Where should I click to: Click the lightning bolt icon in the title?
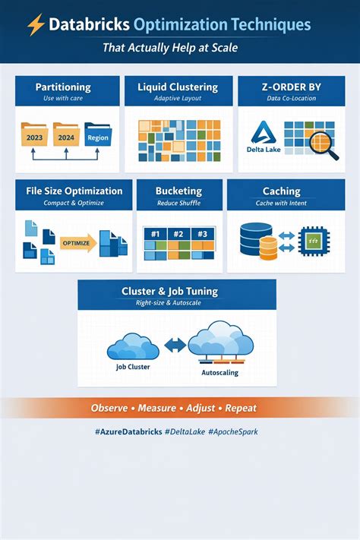click(x=36, y=24)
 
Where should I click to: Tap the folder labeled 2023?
click(x=34, y=134)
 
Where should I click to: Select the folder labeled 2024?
click(x=66, y=134)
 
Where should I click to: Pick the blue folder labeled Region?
click(x=98, y=134)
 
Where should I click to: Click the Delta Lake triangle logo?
click(x=264, y=133)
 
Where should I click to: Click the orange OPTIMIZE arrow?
click(x=78, y=243)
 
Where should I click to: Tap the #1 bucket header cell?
click(x=156, y=234)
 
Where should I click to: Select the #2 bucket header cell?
click(x=178, y=234)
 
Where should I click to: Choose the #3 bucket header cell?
click(x=203, y=234)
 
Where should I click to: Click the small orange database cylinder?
click(x=268, y=248)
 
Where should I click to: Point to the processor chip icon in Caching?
click(x=314, y=241)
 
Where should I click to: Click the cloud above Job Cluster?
click(x=133, y=346)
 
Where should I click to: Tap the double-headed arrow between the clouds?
click(x=175, y=345)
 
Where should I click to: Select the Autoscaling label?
click(x=219, y=373)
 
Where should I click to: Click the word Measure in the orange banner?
click(x=156, y=408)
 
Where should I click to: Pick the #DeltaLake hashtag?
click(x=185, y=431)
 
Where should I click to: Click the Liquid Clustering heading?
click(x=178, y=87)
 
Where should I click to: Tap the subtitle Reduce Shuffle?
click(x=178, y=204)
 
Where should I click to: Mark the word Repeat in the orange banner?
click(x=241, y=409)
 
